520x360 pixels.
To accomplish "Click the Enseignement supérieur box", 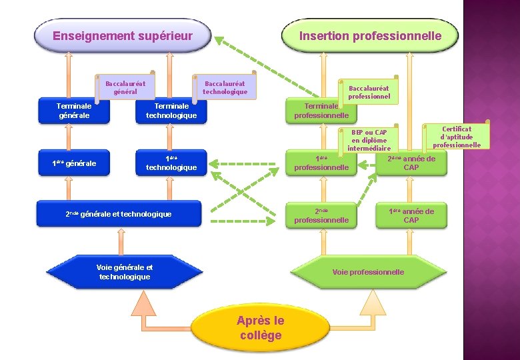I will coord(123,36).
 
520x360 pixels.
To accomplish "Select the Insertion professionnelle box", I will coord(370,36).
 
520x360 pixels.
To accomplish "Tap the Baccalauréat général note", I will coord(125,87).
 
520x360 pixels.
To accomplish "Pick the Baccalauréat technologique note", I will coord(225,87).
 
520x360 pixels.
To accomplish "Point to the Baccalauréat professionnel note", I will coord(369,92).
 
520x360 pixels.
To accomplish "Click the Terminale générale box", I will coord(74,111).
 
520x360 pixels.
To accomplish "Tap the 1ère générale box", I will coord(74,163).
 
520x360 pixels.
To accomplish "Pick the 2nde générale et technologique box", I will coord(119,214).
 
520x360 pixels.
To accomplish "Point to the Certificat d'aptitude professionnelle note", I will coord(457,137).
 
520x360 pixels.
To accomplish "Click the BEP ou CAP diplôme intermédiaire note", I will coord(368,141).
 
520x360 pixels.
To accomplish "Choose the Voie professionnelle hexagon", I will coord(368,272).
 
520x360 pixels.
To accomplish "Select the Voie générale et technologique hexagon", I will coord(124,272).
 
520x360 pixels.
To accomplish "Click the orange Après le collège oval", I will coord(260,328).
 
